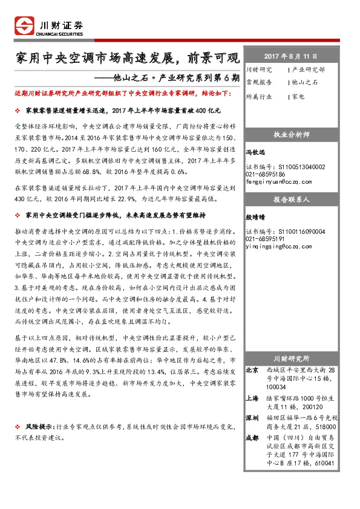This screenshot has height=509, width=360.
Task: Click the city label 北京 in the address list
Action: pyautogui.click(x=253, y=369)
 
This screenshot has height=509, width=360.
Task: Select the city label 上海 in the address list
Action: pyautogui.click(x=253, y=398)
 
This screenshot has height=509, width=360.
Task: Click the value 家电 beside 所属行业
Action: pyautogui.click(x=298, y=96)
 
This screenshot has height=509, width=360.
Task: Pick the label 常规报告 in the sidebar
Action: pyautogui.click(x=259, y=82)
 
